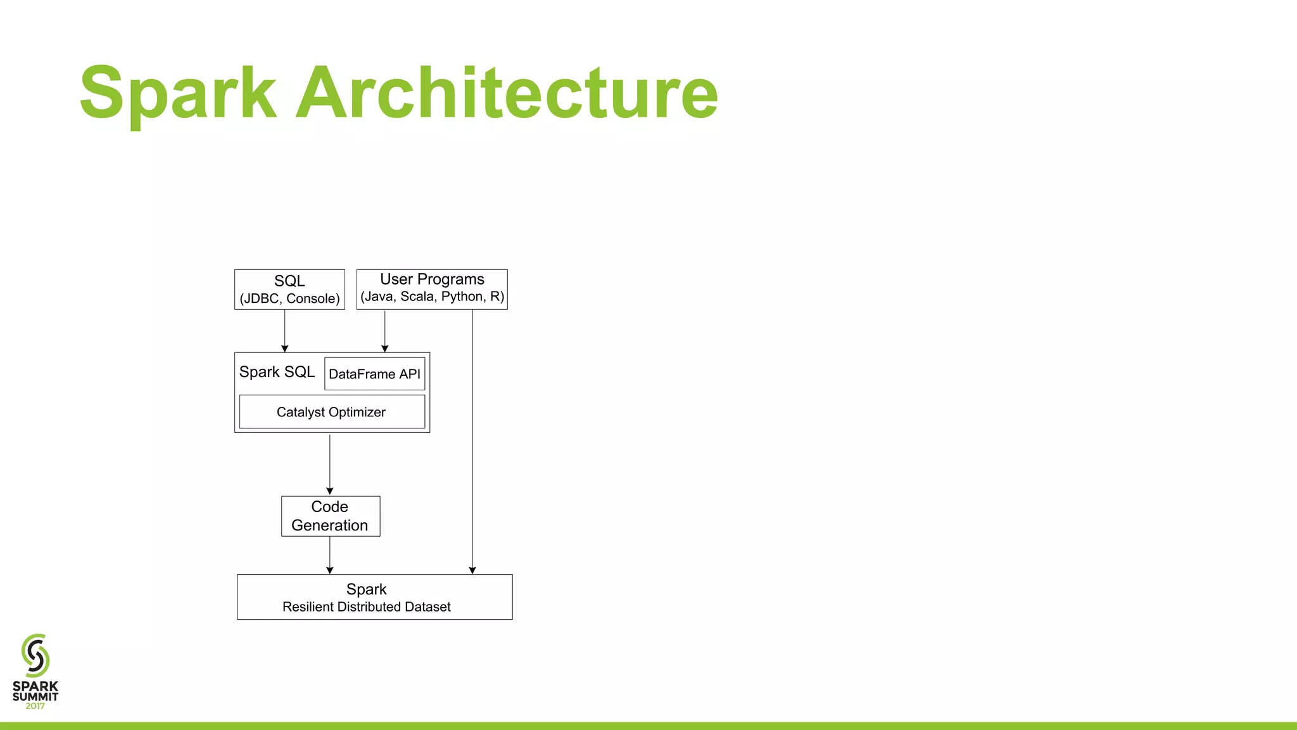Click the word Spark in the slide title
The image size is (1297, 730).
(x=178, y=93)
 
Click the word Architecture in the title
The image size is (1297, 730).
(x=507, y=93)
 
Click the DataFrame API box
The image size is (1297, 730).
(x=374, y=374)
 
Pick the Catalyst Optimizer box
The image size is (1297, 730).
(x=331, y=412)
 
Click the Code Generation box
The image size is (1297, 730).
(x=330, y=516)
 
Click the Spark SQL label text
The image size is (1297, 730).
(x=277, y=372)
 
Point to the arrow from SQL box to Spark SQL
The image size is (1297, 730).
(x=285, y=331)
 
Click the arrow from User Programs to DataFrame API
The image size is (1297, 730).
(x=384, y=331)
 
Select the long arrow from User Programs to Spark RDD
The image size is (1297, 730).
(x=472, y=444)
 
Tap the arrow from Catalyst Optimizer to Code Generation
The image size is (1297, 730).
(x=330, y=464)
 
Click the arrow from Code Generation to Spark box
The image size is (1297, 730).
(x=330, y=555)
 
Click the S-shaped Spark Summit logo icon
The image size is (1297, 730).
(x=35, y=655)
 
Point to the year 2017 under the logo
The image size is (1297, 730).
(x=35, y=706)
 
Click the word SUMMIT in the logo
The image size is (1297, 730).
(x=35, y=696)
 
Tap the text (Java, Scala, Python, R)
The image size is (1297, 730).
(x=432, y=297)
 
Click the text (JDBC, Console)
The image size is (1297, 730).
(x=289, y=298)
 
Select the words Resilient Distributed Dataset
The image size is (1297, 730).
(x=366, y=607)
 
